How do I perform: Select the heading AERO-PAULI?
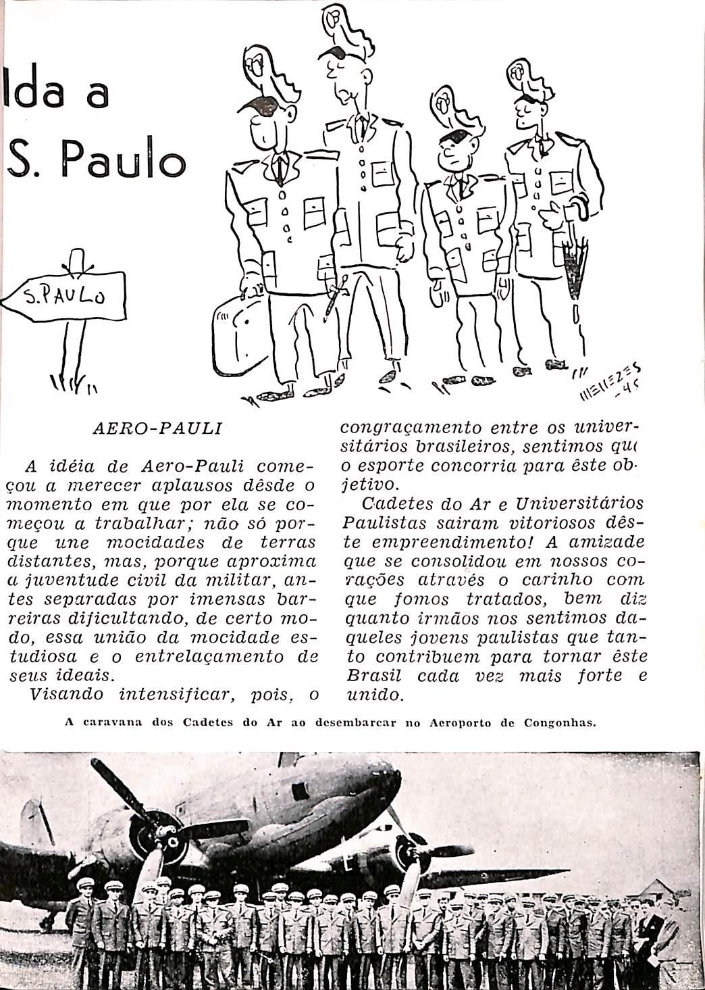[x=157, y=428]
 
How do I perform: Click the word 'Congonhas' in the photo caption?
[x=560, y=722]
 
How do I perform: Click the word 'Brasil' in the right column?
[x=373, y=676]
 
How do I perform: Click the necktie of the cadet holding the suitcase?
[x=279, y=169]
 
